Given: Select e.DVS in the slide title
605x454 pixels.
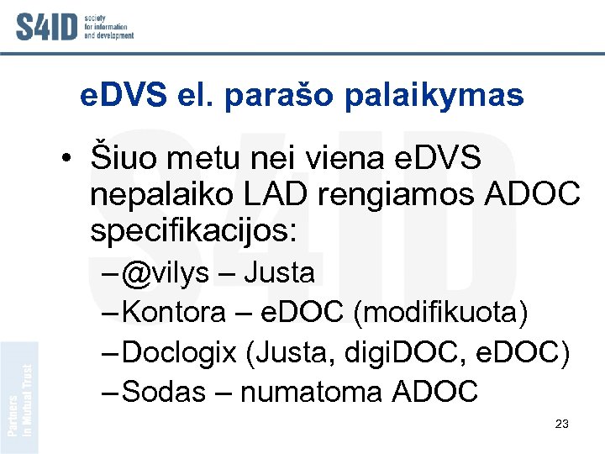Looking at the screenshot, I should pyautogui.click(x=124, y=95).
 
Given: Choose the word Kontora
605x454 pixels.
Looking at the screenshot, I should pyautogui.click(x=174, y=313).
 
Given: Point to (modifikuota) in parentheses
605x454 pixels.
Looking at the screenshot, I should pyautogui.click(x=441, y=313).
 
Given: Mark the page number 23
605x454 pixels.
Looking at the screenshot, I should pyautogui.click(x=562, y=424).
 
